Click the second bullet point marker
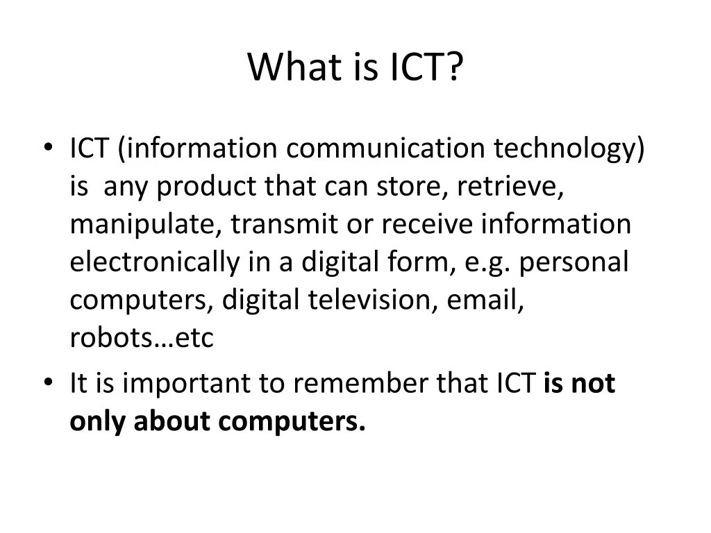pos(47,382)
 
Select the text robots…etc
pos(142,338)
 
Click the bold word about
pos(174,421)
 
